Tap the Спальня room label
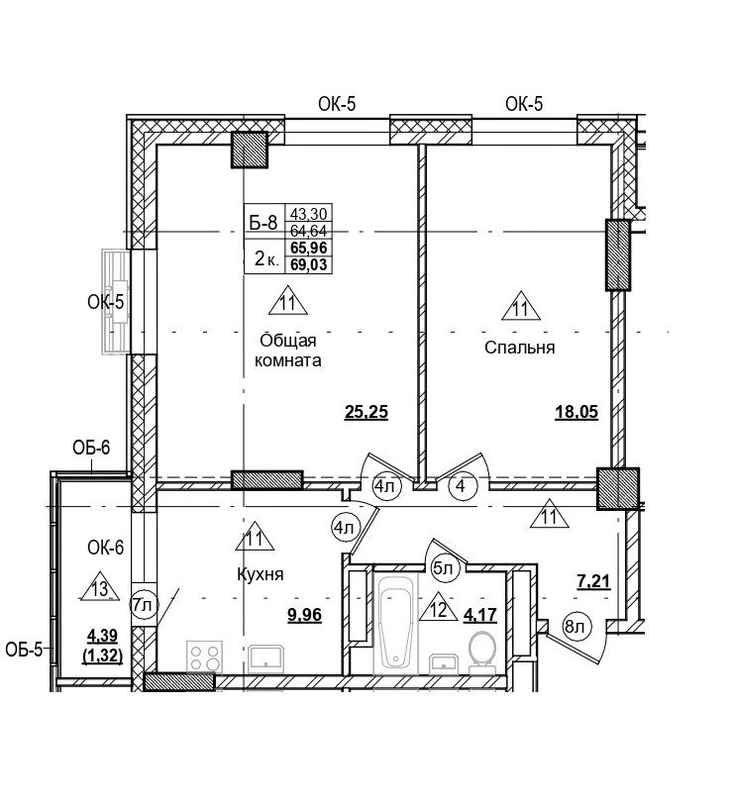coord(519,348)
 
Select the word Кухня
coord(261,574)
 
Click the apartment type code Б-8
coord(263,223)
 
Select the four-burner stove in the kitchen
coord(205,657)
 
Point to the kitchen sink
coord(266,657)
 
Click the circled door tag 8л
coord(576,626)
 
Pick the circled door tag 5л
coord(442,567)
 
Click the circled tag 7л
coord(144,603)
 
